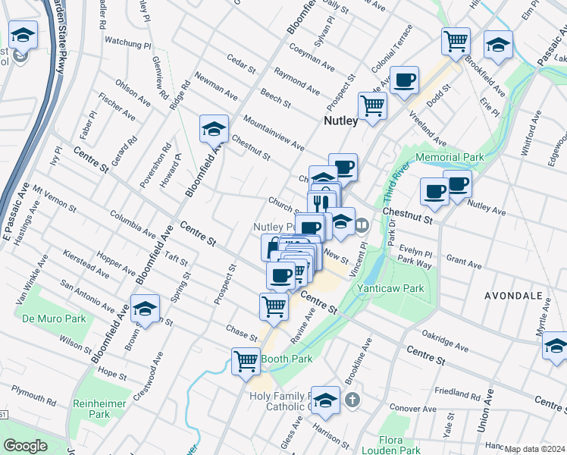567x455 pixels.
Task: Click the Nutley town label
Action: [x=346, y=121]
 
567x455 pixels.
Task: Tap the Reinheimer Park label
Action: [x=99, y=408]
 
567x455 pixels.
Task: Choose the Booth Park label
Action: [x=287, y=358]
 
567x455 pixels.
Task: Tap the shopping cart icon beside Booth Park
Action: [x=246, y=362]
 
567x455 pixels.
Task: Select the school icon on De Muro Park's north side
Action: [x=145, y=309]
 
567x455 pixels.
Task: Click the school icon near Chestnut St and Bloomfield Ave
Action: [x=214, y=129]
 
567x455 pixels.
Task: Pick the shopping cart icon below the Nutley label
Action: [x=371, y=107]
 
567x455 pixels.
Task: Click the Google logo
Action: [x=25, y=445]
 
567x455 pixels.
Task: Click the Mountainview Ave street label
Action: [x=273, y=133]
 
